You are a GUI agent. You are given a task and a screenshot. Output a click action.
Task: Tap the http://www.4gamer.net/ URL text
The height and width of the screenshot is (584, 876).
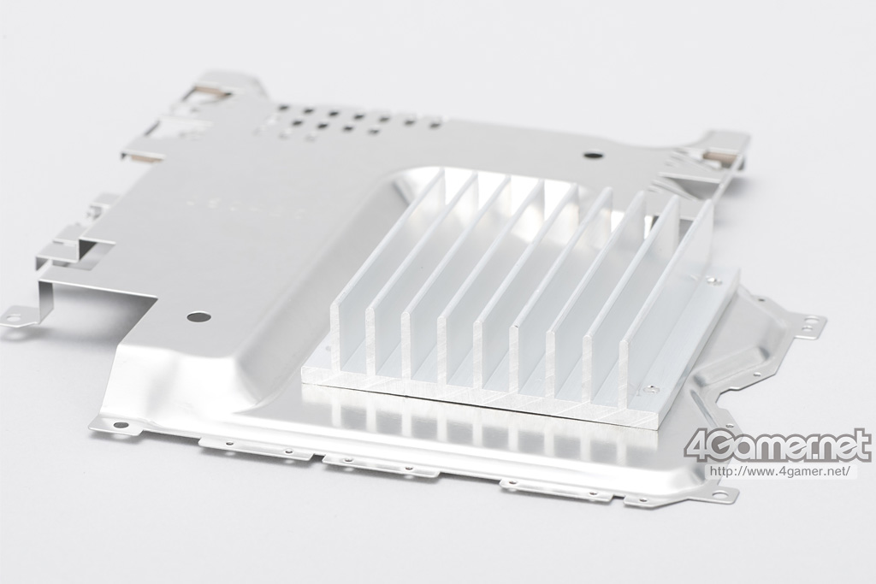click(780, 470)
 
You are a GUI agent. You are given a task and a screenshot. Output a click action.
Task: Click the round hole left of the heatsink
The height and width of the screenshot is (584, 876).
click(199, 317)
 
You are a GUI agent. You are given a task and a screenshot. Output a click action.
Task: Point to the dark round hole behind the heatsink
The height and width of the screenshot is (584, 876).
click(590, 156)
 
